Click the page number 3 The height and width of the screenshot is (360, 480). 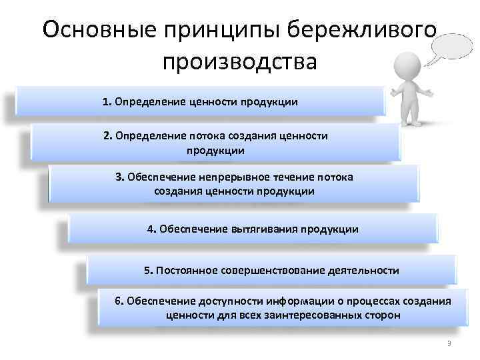point(449,343)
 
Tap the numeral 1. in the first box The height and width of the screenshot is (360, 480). point(107,102)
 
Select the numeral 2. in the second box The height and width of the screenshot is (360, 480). point(108,136)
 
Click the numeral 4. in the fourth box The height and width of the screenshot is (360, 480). point(151,229)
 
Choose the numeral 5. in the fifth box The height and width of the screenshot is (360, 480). point(148,271)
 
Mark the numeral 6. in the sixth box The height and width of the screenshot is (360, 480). point(119,301)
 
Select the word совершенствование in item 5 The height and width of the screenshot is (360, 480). point(271,271)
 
